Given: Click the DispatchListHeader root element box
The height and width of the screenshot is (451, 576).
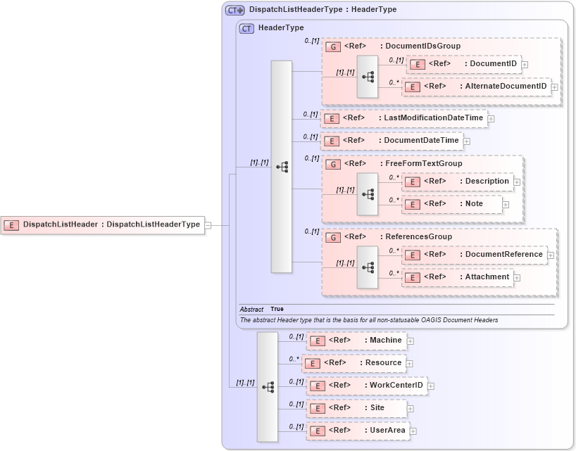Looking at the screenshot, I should (103, 225).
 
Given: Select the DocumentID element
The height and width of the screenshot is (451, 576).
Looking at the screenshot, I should (464, 64).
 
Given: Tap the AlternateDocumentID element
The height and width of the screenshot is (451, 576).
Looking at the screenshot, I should (476, 87).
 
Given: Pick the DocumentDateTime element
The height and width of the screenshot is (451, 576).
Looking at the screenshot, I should (392, 141).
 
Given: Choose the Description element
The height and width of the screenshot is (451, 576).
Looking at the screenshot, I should (457, 182).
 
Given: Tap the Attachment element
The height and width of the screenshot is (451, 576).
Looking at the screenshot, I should (457, 277).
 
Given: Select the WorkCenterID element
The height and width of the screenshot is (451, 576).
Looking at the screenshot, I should (366, 386).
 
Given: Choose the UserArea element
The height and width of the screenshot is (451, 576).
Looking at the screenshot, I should (358, 431).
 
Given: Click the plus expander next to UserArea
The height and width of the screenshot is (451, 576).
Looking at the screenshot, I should (414, 431).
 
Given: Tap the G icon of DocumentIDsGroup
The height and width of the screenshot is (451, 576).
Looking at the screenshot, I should (332, 46).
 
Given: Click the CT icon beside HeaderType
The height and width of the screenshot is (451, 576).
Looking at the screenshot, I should (246, 28).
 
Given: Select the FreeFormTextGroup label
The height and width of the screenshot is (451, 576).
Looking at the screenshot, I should (422, 164).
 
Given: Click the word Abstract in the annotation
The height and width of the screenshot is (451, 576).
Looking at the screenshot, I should (251, 310).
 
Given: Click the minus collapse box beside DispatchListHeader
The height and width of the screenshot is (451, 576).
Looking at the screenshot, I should (208, 225).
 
